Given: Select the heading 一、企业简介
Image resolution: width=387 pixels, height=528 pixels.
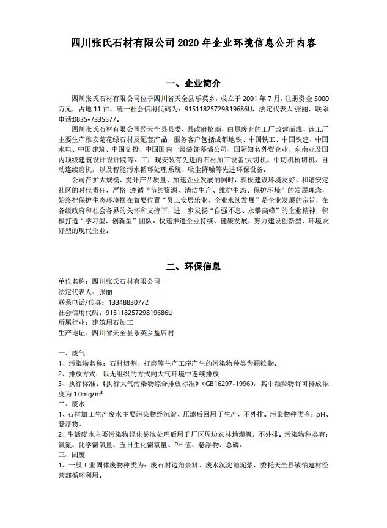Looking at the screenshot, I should click(x=193, y=83).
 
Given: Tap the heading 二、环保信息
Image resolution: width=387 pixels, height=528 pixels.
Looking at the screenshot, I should click(x=193, y=267).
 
